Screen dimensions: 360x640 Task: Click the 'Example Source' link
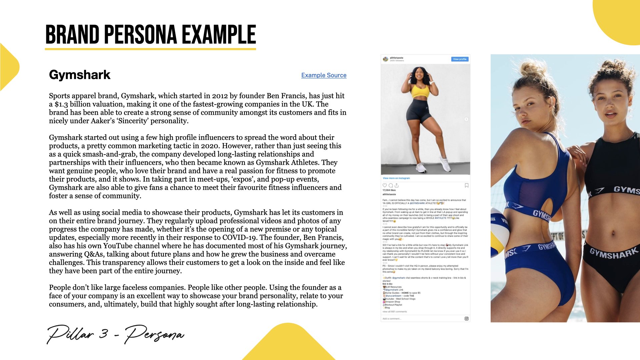(324, 75)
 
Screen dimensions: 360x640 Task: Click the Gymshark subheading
(80, 75)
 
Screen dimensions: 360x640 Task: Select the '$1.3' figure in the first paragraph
(61, 104)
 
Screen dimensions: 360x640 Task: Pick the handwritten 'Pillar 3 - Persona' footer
(115, 334)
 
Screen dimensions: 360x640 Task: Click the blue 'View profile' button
(460, 59)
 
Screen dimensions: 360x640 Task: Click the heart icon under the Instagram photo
(385, 185)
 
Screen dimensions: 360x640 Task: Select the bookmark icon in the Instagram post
(466, 185)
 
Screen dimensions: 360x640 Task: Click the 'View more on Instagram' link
(396, 178)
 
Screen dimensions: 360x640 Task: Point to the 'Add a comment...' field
(392, 319)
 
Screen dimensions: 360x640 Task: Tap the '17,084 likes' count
(389, 190)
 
